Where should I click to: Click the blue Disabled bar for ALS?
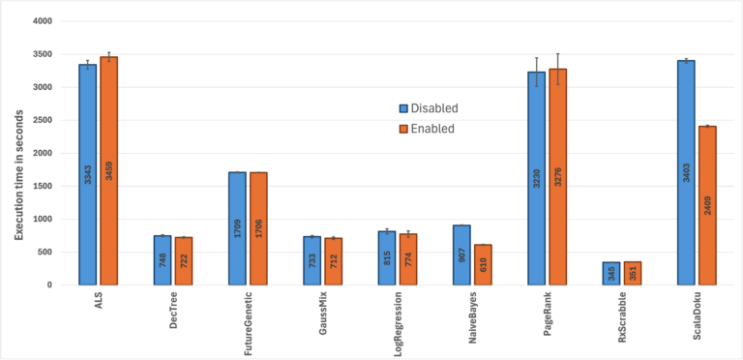click(87, 174)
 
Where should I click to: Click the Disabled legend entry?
click(430, 108)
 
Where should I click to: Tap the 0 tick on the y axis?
click(49, 285)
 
